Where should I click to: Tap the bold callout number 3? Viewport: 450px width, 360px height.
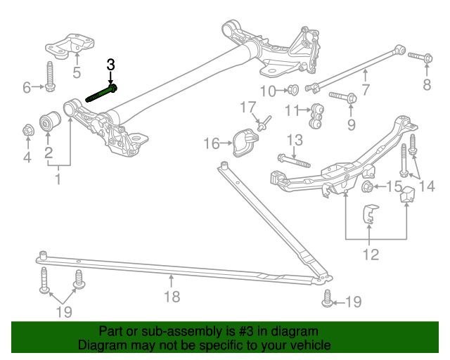110,65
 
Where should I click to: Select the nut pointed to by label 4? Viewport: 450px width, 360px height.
27,130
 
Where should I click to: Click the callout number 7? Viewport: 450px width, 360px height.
366,89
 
